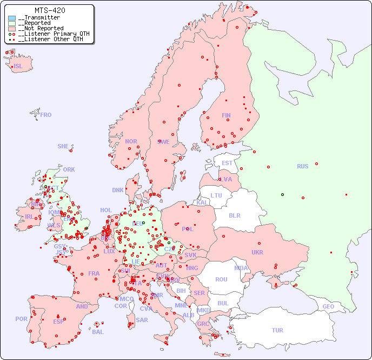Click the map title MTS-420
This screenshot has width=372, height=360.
tap(50, 10)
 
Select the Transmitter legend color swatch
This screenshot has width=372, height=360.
tap(12, 18)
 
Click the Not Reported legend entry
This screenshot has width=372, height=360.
tap(40, 28)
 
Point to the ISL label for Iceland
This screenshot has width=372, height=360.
tap(18, 67)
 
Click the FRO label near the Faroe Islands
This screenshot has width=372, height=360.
tap(46, 115)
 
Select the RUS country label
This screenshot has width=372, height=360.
tap(302, 166)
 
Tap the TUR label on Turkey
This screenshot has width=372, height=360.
tap(277, 330)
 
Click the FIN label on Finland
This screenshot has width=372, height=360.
tap(226, 115)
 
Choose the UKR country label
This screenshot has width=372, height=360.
tap(257, 252)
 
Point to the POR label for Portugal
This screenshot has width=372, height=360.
tap(21, 319)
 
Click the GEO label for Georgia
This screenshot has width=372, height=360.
tap(328, 306)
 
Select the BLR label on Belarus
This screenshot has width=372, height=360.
tap(234, 215)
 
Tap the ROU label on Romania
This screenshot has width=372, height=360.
tap(221, 279)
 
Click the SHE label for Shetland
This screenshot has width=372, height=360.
tap(63, 146)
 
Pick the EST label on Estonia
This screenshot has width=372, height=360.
tap(227, 163)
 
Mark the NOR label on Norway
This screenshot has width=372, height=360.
tap(131, 141)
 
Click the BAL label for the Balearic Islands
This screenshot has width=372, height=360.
tap(98, 332)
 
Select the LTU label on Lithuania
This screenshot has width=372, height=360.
tap(216, 195)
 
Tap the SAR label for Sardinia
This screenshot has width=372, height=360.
tap(142, 320)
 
